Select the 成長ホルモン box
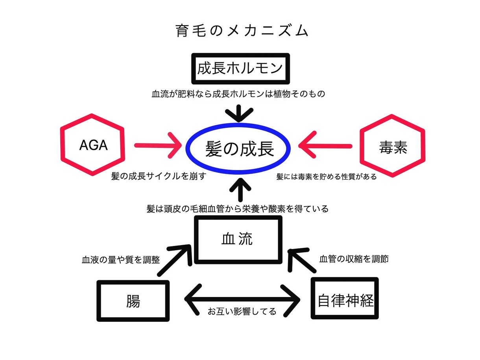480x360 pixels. click(x=240, y=68)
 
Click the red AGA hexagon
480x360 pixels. click(x=93, y=145)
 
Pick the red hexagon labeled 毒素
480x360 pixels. click(x=393, y=147)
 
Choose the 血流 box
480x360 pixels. click(x=239, y=239)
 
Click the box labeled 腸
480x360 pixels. click(x=133, y=301)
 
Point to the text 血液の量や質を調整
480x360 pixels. click(x=120, y=260)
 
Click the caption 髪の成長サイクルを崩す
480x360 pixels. click(x=159, y=176)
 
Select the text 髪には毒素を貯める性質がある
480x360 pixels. click(x=326, y=177)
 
